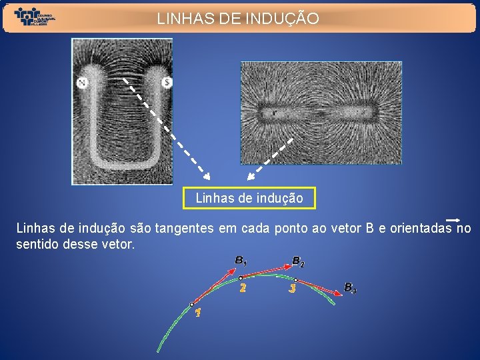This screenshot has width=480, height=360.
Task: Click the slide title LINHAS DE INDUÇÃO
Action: (238, 19)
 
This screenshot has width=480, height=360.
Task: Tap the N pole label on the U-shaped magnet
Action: (83, 83)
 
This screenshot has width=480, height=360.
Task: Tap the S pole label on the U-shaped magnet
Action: (167, 83)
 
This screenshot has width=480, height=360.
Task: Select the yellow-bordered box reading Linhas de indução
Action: (249, 198)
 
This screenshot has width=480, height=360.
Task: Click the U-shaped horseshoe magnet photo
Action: (122, 111)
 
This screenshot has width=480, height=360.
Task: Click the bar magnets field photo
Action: (321, 113)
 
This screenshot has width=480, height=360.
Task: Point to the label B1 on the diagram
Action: (241, 261)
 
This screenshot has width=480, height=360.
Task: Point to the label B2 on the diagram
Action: (298, 261)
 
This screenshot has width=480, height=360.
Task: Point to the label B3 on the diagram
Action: (350, 288)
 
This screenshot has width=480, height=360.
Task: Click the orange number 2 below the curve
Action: (243, 289)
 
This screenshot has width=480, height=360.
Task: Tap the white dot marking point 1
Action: (192, 305)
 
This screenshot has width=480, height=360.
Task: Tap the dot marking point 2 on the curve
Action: (241, 278)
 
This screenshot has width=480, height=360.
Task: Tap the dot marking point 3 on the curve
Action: (295, 280)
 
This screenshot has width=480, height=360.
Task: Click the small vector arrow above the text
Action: (453, 219)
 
